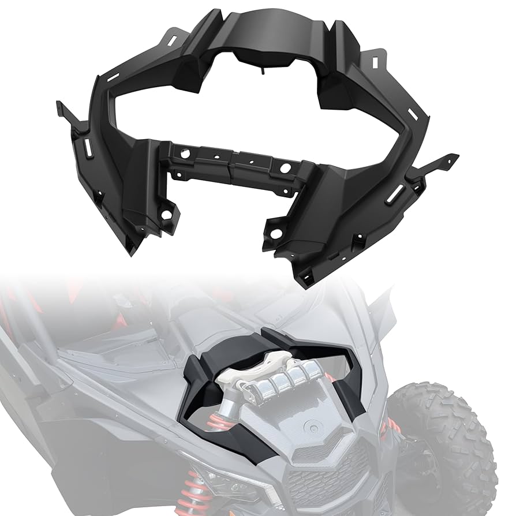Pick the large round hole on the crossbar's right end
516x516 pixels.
point(286,168)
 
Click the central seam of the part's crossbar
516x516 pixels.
point(231,162)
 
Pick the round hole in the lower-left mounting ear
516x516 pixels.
point(166,215)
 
